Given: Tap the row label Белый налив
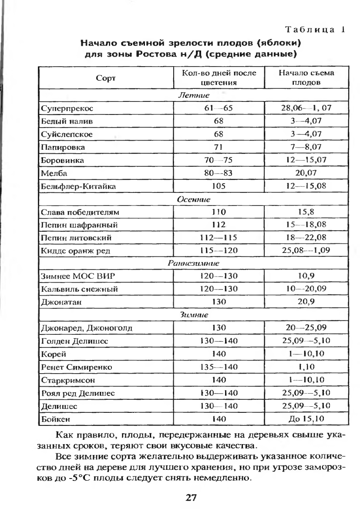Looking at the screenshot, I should pos(66,120).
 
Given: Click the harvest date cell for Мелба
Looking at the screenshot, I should pos(306,173).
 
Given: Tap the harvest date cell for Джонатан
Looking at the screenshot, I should pos(306,302).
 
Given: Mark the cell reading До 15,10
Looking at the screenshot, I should pos(306,419).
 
